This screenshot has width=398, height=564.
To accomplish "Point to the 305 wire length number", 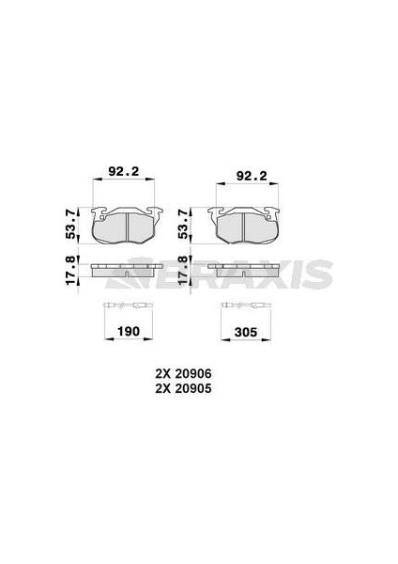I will click(246, 331).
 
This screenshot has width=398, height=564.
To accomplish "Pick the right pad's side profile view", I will click(247, 272).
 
